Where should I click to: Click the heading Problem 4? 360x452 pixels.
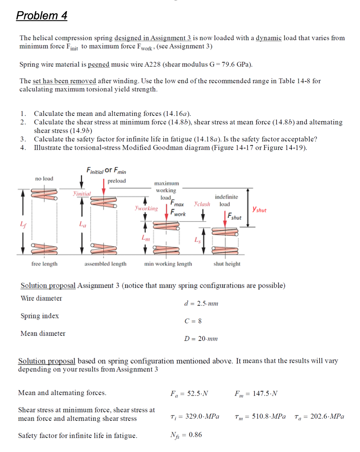pyautogui.click(x=42, y=15)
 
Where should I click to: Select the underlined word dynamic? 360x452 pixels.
pyautogui.click(x=268, y=38)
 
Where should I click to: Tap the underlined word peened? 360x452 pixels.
pyautogui.click(x=98, y=64)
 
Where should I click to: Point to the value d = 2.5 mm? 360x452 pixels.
pyautogui.click(x=201, y=303)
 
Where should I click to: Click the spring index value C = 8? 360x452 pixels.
pyautogui.click(x=193, y=321)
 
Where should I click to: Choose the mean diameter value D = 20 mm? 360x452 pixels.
pyautogui.click(x=201, y=339)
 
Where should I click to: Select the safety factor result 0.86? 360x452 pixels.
pyautogui.click(x=195, y=435)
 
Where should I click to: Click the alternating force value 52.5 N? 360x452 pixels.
pyautogui.click(x=197, y=394)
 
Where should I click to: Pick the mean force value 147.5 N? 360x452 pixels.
pyautogui.click(x=265, y=394)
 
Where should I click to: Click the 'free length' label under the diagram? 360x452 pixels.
pyautogui.click(x=44, y=264)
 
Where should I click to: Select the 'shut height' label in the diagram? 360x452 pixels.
pyautogui.click(x=227, y=264)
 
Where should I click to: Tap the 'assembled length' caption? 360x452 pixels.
pyautogui.click(x=105, y=264)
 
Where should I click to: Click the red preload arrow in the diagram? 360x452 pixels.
pyautogui.click(x=104, y=187)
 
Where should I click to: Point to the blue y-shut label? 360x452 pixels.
pyautogui.click(x=259, y=210)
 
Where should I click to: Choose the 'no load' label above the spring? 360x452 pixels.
pyautogui.click(x=44, y=179)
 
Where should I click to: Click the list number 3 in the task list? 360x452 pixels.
pyautogui.click(x=23, y=139)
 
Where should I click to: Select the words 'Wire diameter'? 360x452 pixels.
pyautogui.click(x=41, y=299)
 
